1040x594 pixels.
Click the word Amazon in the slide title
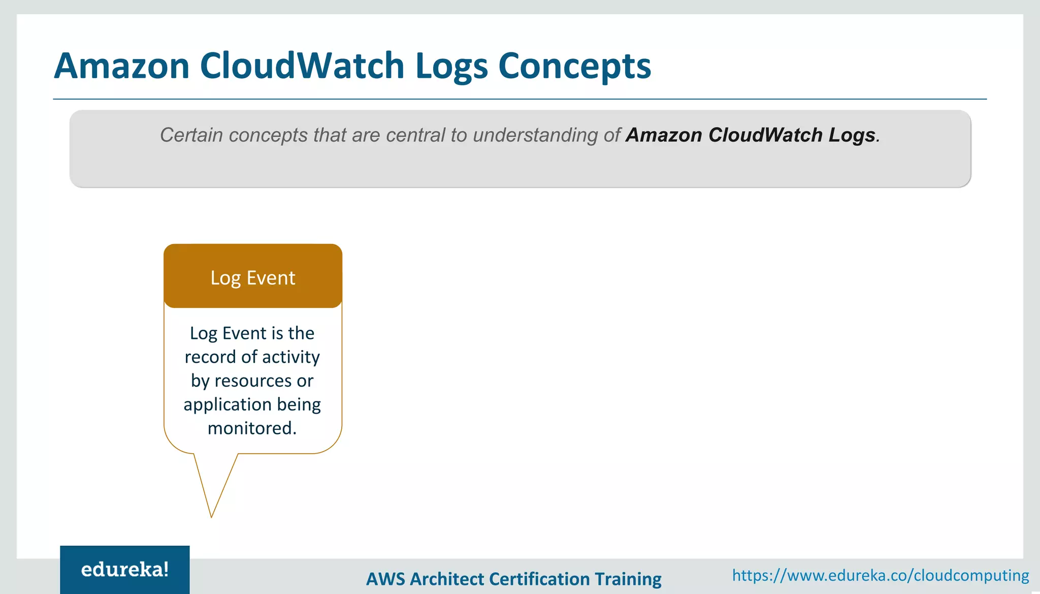tap(122, 66)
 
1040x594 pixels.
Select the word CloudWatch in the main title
tap(302, 66)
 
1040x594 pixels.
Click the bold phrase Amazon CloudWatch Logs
tap(751, 135)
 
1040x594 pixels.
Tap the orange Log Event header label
tap(253, 277)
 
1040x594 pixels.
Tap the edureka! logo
tap(125, 570)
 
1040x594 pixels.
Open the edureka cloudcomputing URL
tap(880, 575)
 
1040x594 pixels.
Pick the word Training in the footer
tap(628, 579)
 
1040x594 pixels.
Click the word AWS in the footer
tap(386, 579)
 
